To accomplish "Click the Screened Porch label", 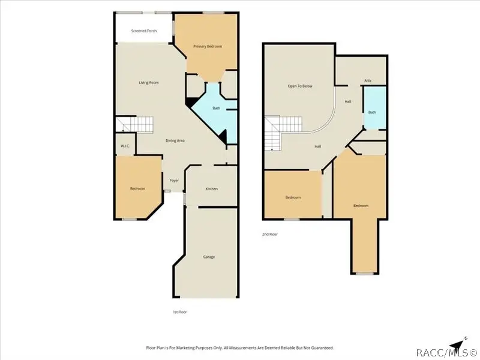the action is point(144,31).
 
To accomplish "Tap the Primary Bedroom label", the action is point(208,47).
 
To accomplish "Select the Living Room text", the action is point(149,83).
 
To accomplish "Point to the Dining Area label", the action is point(175,140).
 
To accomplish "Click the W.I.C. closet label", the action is point(125,146).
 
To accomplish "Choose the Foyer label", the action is point(174,181).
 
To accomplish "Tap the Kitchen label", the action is point(212,189).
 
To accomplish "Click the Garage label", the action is point(209,257).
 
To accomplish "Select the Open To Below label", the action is point(300,86).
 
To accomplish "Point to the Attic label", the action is point(368,81).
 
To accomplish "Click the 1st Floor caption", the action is point(179,312).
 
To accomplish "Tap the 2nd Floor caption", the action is point(269,235).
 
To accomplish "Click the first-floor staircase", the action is point(134,124).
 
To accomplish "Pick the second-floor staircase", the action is point(283,133).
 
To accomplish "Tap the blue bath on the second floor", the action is point(374,108).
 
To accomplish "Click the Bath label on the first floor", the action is point(217,108).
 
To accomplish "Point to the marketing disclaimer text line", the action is point(239,348).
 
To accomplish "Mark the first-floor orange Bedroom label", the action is point(138,188).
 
